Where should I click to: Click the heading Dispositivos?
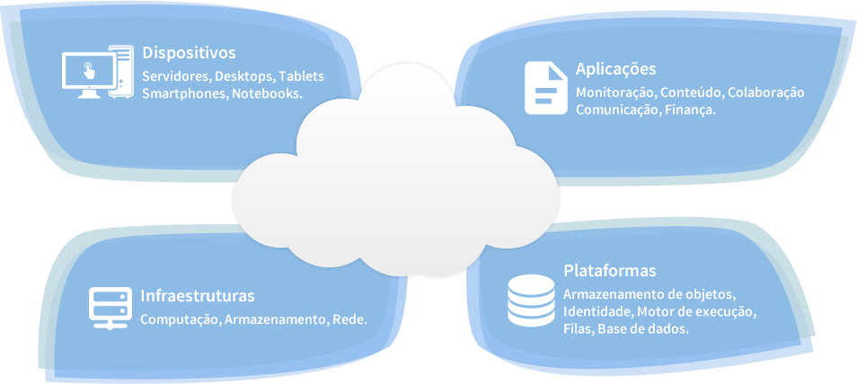point(189,53)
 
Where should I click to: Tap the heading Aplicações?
point(616,70)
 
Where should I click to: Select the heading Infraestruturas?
point(198,295)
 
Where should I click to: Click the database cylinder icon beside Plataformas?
point(531,301)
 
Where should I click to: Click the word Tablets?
point(301,76)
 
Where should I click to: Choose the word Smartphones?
point(182,93)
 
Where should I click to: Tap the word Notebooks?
point(267,93)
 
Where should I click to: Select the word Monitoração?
point(617,93)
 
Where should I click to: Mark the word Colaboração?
point(765,93)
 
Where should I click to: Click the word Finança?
point(690,110)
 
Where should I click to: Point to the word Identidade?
point(597,312)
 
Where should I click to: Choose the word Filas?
point(579,329)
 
